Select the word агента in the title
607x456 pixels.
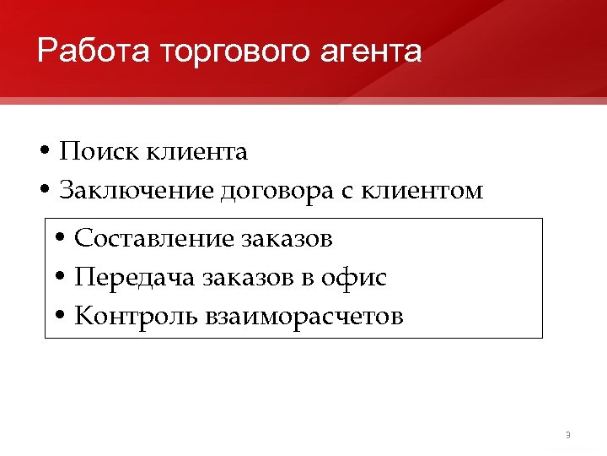point(370,52)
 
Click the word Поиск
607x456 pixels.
point(99,152)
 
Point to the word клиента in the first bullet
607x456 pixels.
point(196,152)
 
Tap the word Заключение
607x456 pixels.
point(137,191)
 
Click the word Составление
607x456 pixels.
point(155,239)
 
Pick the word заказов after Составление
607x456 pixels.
point(287,239)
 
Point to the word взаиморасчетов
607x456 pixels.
point(303,318)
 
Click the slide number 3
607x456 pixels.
point(567,435)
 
